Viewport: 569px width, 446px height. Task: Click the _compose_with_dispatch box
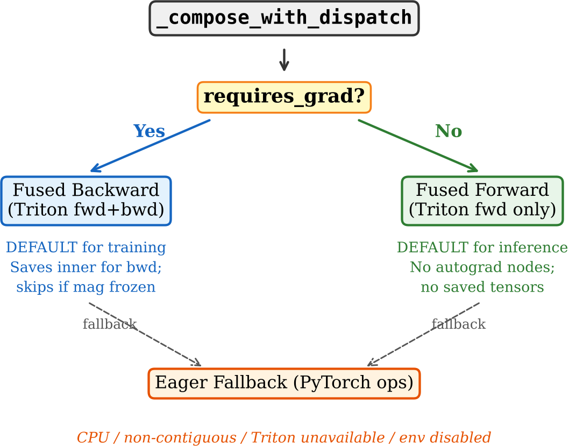[284, 18]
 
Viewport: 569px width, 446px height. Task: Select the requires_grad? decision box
[284, 97]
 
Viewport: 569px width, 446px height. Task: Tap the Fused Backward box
[86, 201]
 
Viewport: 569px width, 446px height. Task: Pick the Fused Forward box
[482, 201]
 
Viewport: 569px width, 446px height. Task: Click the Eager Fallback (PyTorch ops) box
[284, 383]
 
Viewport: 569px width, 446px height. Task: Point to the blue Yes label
[149, 131]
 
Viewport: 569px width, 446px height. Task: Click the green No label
[449, 131]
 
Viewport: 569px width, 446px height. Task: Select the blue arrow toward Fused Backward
[151, 146]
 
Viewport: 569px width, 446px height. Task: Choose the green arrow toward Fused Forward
[418, 146]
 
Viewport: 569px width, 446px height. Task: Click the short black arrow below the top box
[284, 60]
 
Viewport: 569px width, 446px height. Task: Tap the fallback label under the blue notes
[110, 324]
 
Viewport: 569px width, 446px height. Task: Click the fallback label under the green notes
[459, 324]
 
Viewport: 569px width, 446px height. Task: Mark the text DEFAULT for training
[86, 247]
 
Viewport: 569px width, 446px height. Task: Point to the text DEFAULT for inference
[482, 247]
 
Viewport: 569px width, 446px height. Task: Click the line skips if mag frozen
[86, 287]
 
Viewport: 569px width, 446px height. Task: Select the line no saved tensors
[482, 287]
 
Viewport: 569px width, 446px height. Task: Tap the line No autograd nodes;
[482, 267]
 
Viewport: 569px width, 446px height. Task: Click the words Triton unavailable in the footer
[318, 437]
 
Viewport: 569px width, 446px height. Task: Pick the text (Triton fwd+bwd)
[86, 210]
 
